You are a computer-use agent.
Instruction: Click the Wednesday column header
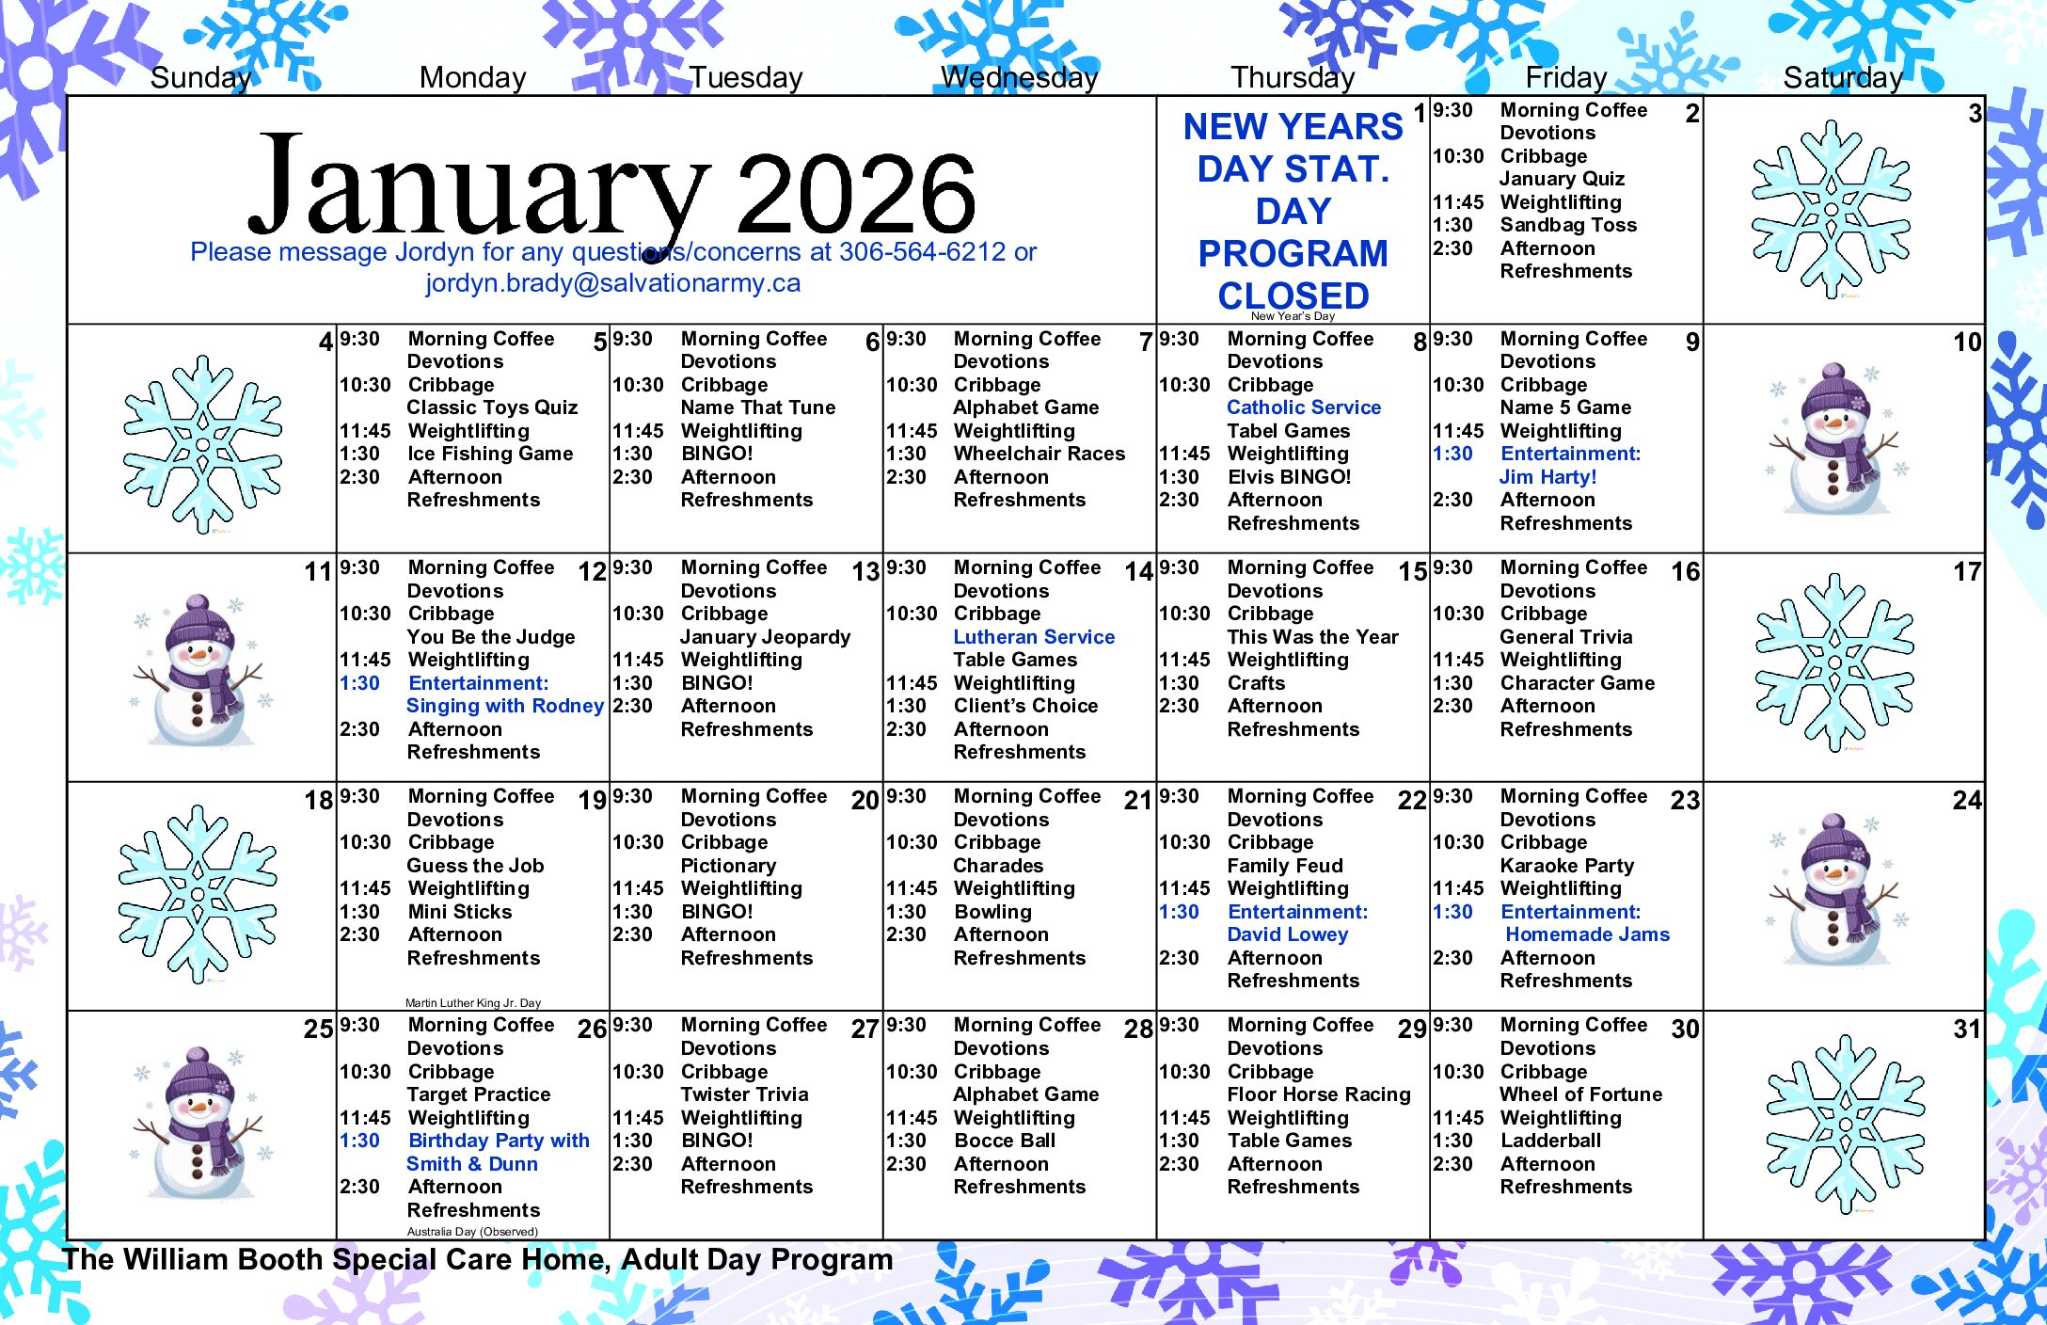click(1020, 77)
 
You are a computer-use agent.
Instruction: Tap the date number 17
click(1966, 571)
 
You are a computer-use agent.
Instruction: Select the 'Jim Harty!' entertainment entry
click(1547, 477)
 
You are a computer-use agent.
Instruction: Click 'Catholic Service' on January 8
click(1304, 407)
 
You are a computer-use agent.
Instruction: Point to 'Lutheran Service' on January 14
click(1034, 637)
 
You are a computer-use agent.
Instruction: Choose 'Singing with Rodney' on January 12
click(504, 706)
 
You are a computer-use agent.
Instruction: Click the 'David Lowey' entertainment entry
click(1288, 934)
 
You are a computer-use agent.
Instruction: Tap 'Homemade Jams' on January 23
click(1587, 934)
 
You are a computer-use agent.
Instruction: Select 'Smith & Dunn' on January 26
click(472, 1164)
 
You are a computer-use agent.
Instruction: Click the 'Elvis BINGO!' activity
click(1289, 477)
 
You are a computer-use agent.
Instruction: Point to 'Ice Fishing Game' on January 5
click(490, 454)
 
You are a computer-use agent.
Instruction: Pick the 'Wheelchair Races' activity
click(1039, 454)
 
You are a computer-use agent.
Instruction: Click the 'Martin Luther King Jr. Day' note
click(473, 1003)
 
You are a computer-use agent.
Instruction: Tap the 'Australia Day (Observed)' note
click(472, 1232)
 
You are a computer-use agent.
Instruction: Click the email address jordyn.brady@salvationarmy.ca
click(612, 283)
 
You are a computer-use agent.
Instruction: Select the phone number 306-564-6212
click(922, 252)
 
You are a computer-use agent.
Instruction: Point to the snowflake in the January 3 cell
click(1831, 209)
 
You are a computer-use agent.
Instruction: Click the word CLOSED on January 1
click(1293, 295)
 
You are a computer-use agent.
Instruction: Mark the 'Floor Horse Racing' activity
click(1319, 1094)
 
